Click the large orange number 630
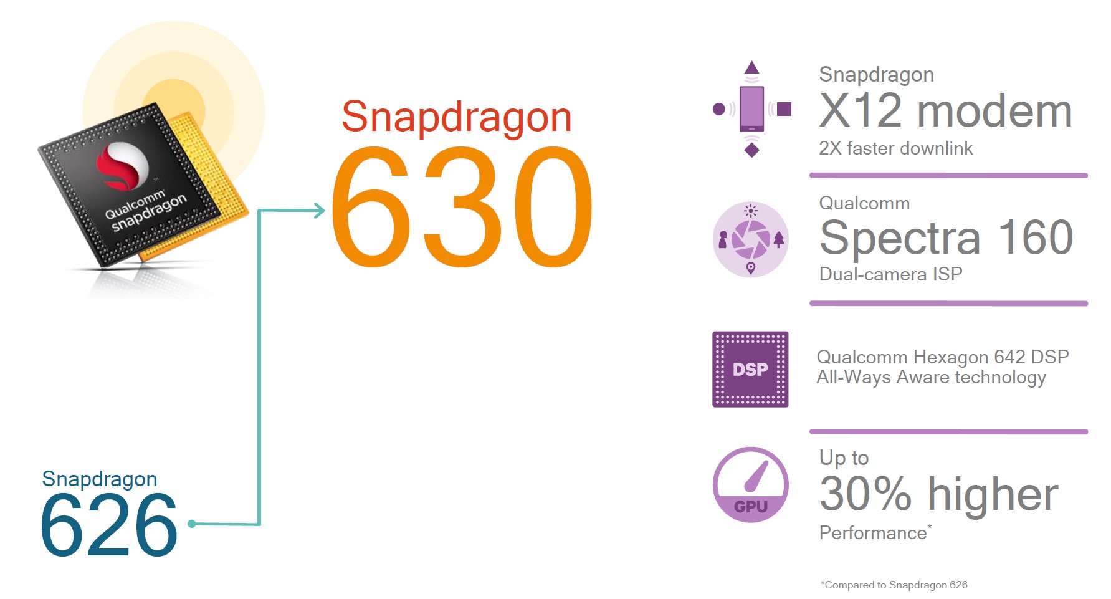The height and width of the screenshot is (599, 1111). (x=462, y=207)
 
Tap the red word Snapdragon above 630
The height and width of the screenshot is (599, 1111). (x=457, y=118)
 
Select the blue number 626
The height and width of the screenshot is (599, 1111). (x=110, y=525)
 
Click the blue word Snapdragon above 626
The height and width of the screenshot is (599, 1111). (x=100, y=479)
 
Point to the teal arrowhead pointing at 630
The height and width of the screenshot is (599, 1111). (x=319, y=211)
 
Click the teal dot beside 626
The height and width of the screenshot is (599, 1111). (x=192, y=524)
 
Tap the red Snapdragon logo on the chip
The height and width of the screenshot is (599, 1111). (x=122, y=166)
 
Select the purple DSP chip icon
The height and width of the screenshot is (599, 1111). (x=750, y=370)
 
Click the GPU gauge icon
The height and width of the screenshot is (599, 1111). (x=750, y=484)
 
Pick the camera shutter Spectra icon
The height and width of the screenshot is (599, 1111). (x=750, y=239)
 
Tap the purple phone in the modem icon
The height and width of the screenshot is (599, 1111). (x=751, y=109)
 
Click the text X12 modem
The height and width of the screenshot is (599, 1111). (x=945, y=111)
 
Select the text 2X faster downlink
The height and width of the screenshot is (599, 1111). (x=895, y=148)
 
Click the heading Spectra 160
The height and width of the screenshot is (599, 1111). (x=946, y=237)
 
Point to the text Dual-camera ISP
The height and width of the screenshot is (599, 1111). (x=890, y=274)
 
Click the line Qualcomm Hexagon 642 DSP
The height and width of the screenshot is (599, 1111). (x=943, y=357)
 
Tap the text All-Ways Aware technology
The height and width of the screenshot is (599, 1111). (x=931, y=378)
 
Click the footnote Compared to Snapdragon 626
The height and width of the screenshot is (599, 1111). (x=894, y=585)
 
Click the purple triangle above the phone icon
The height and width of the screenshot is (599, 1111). (x=752, y=68)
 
